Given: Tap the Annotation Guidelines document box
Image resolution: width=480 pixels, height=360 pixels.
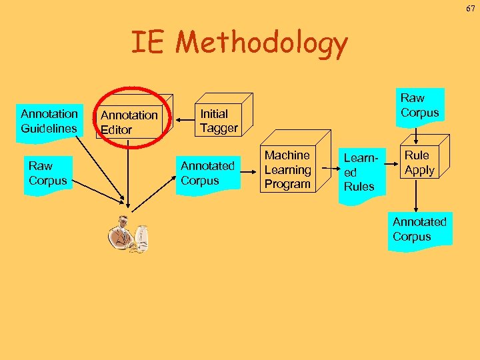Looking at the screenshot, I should pos(49,120).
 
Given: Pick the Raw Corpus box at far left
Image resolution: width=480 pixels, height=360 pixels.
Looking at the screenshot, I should pos(48,173).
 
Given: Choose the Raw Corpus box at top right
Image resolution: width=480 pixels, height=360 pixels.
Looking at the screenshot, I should pos(419,105).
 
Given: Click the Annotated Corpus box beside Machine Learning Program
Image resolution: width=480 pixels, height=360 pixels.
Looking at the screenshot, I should pos(207,173).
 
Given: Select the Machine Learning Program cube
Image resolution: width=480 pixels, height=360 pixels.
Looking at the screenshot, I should pos(287,169).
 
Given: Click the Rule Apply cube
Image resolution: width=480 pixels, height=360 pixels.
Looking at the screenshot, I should pos(419,163).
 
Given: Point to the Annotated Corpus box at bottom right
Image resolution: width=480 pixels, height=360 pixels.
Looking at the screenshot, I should pos(419,229).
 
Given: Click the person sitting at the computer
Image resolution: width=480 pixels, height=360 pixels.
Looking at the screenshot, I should pos(129,235).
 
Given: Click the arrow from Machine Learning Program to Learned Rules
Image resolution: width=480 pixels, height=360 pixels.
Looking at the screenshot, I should pos(326,171).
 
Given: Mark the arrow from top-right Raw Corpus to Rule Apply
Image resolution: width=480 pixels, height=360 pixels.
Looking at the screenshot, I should pos(417,135).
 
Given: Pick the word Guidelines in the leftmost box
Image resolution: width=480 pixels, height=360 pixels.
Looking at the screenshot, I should pos(49,127).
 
